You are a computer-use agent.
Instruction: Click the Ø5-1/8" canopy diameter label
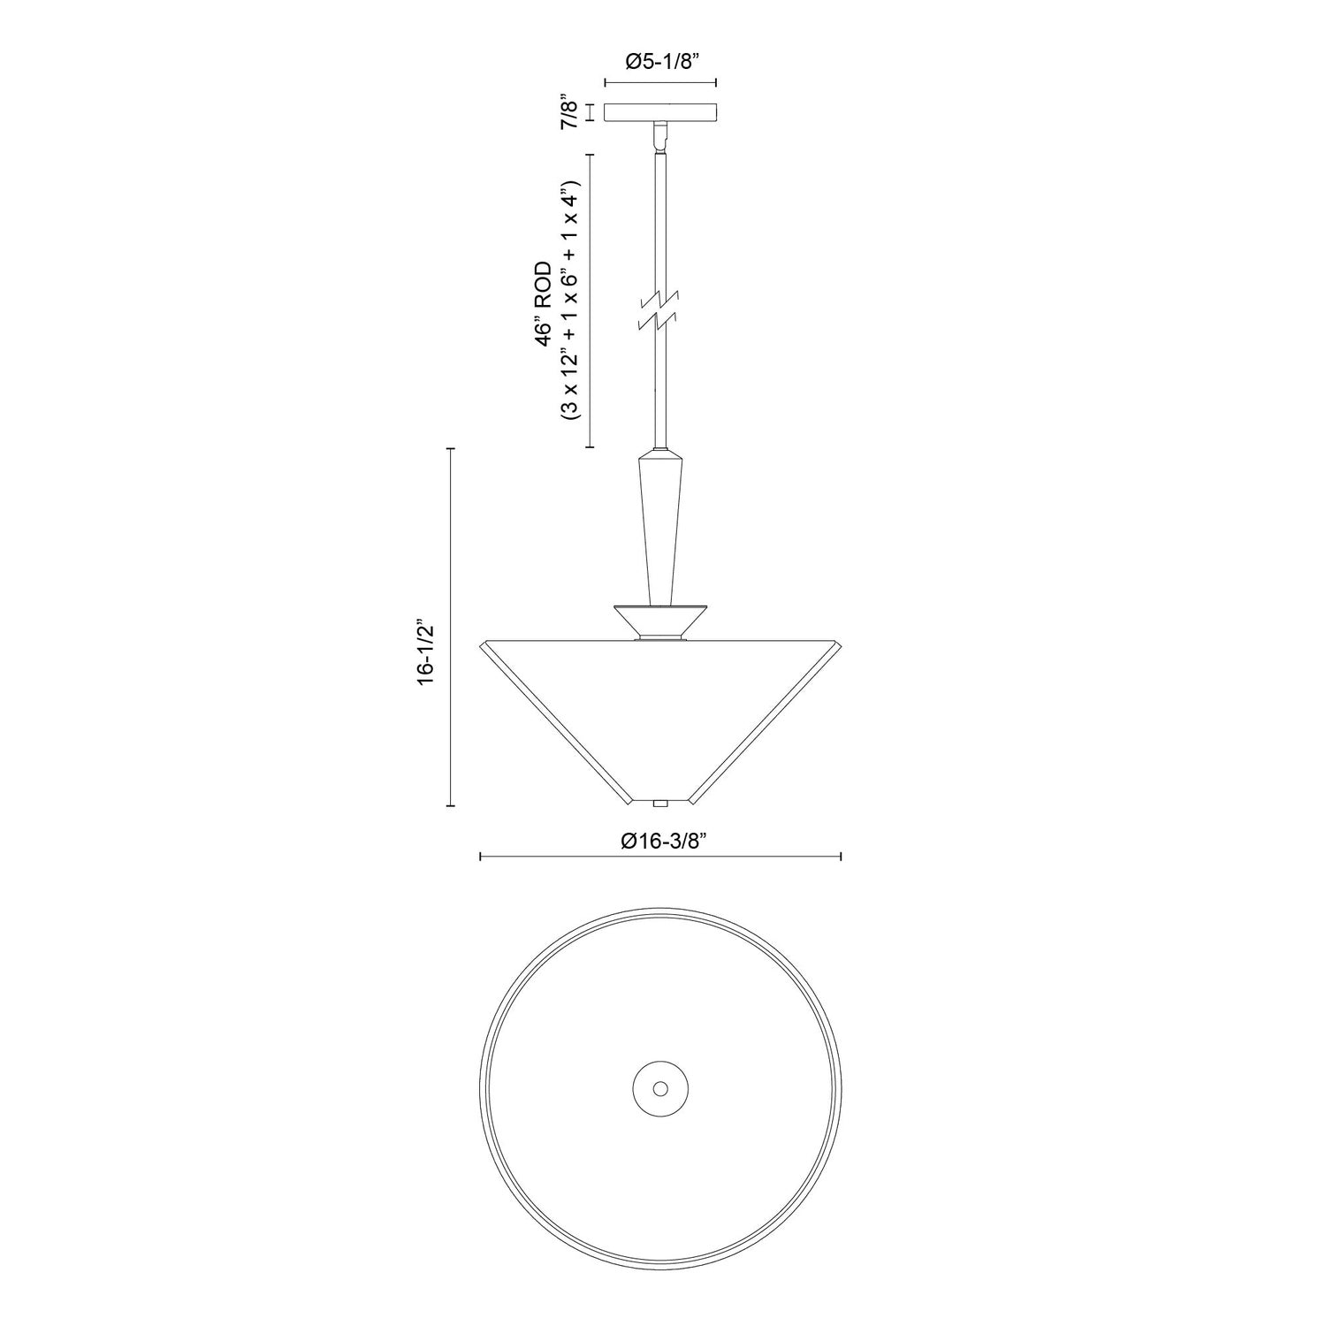[659, 62]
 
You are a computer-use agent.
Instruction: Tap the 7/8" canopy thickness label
[570, 114]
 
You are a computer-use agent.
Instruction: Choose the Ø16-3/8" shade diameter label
[659, 842]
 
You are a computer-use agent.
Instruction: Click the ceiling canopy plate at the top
[659, 113]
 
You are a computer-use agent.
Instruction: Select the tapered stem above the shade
[659, 530]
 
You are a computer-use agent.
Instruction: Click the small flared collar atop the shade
[659, 622]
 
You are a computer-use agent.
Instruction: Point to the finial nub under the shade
[659, 804]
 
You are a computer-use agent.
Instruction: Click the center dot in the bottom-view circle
[659, 1087]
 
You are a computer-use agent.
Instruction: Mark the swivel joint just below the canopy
[659, 136]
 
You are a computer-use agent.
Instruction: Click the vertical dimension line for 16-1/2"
[452, 628]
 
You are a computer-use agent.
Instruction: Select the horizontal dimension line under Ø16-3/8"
[659, 856]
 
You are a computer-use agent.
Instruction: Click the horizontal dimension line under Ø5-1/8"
[659, 82]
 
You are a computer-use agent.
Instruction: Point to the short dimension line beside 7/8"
[590, 114]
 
